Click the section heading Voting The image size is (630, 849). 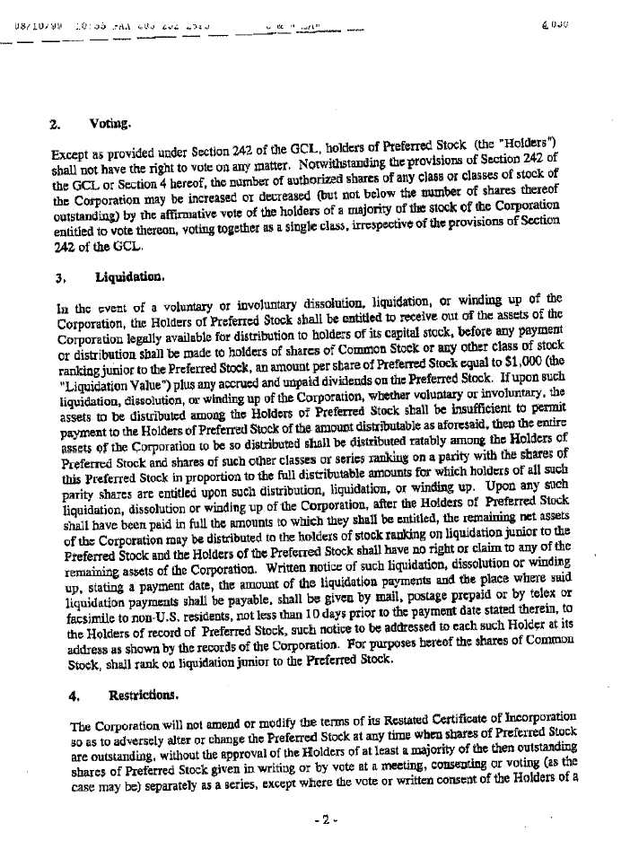coord(110,123)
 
